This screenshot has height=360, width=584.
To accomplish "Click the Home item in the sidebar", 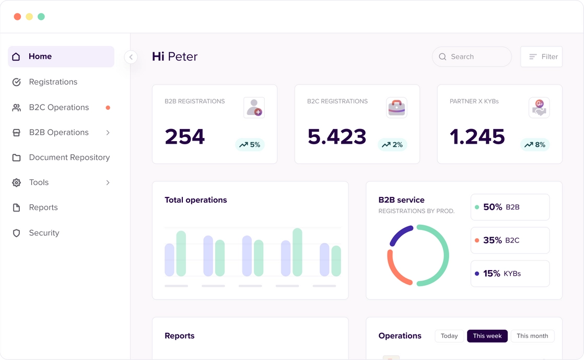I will [x=61, y=56].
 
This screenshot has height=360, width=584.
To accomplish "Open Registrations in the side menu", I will [x=53, y=82].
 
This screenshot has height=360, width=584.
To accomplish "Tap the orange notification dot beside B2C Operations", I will [x=108, y=108].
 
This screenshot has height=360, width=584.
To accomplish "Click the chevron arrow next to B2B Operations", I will [x=108, y=133].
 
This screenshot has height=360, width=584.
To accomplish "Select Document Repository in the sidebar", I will [x=69, y=157].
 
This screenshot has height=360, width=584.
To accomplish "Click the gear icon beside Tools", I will [x=17, y=182].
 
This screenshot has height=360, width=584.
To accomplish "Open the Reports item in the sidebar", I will [x=43, y=207].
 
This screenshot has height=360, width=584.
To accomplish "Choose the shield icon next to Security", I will [x=17, y=233].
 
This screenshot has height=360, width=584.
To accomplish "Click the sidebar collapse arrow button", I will [x=131, y=57].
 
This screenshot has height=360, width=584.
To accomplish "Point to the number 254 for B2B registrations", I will [x=185, y=137].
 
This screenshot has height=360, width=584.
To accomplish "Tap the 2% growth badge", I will [x=392, y=145].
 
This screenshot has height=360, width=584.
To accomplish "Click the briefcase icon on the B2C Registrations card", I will [x=396, y=108].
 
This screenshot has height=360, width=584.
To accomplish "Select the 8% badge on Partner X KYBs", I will [x=534, y=145].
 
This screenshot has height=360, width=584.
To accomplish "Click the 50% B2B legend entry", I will [x=509, y=207].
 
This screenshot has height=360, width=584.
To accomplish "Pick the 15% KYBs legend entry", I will [x=509, y=274].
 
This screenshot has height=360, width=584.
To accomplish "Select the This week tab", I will [x=487, y=336].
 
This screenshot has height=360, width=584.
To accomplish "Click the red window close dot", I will [x=17, y=17].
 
